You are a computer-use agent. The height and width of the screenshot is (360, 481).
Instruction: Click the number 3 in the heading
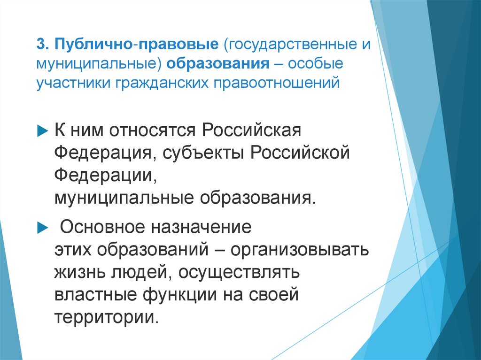41,46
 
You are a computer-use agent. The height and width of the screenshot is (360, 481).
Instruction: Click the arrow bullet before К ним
41,130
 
